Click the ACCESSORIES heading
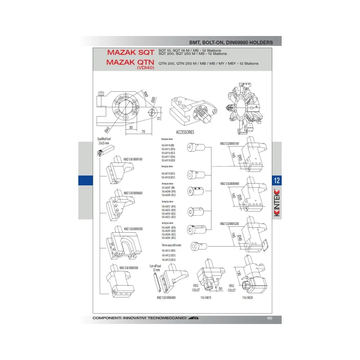tap(185, 132)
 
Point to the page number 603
tap(270, 319)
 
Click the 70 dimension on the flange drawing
tap(142, 132)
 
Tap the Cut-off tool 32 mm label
tap(157, 268)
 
